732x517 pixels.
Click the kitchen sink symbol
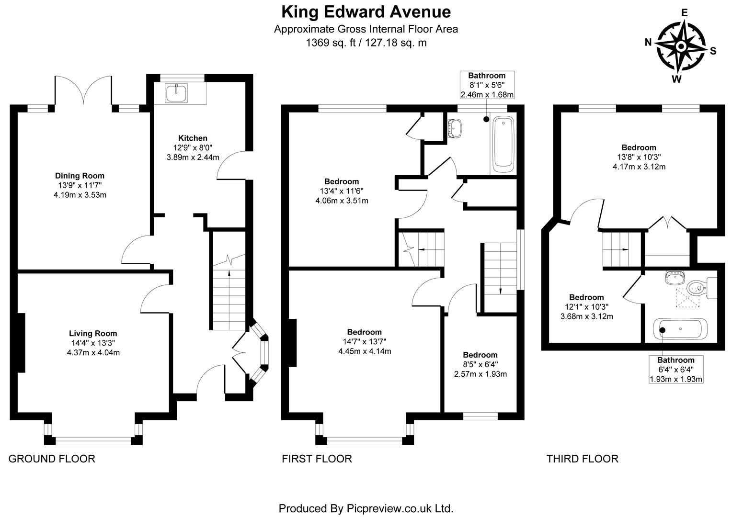177,93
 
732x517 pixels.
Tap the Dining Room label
80,176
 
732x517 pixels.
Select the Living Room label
93,334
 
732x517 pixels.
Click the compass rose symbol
680,47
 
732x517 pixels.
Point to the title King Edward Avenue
366,11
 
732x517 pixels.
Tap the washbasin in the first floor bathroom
455,128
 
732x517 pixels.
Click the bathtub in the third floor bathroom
677,330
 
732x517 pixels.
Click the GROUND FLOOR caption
52,459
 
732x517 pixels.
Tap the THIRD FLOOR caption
582,459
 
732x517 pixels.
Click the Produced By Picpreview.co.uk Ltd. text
366,508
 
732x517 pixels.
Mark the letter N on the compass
648,42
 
